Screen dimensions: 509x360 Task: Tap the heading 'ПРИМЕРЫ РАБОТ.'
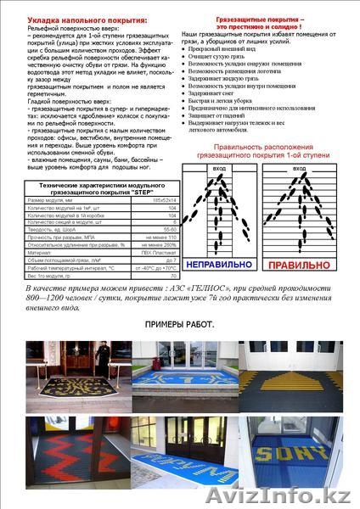(180, 325)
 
